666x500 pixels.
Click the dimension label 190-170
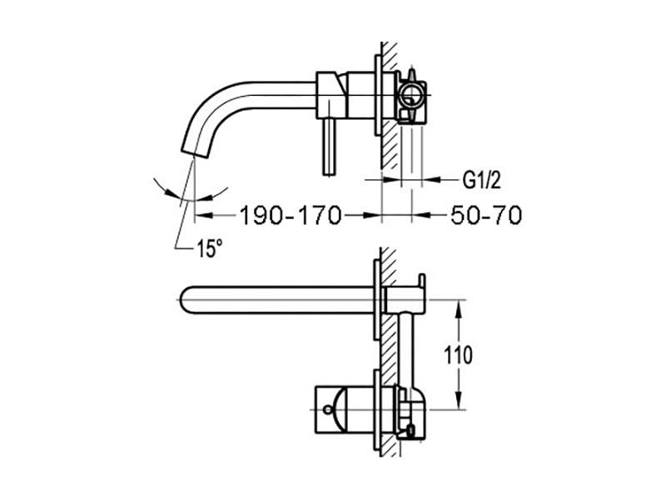pyautogui.click(x=291, y=216)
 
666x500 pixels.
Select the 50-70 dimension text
pyautogui.click(x=486, y=216)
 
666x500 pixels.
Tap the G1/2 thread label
pyautogui.click(x=480, y=179)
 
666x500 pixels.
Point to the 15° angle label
pyautogui.click(x=210, y=247)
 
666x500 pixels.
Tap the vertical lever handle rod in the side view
pyautogui.click(x=329, y=145)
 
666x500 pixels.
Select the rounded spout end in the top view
pyautogui.click(x=186, y=299)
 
